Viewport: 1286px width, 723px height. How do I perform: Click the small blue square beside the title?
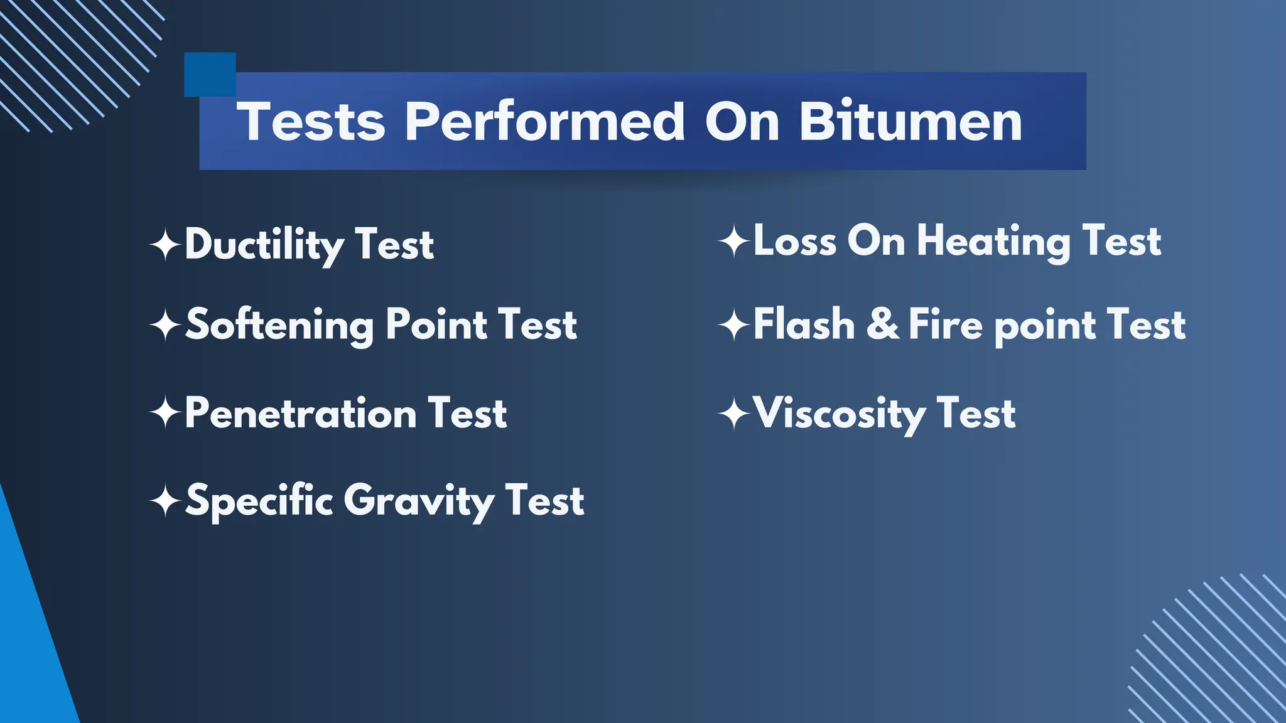(210, 74)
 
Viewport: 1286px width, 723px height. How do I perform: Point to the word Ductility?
(264, 245)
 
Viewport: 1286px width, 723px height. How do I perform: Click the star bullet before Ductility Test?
(166, 245)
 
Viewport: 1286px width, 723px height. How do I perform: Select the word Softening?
(280, 325)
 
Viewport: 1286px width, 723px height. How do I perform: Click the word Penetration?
(301, 414)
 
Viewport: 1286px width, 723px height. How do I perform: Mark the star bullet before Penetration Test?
(166, 414)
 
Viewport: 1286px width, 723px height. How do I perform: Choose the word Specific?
(259, 501)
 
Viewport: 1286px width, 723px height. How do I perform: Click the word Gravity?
(419, 501)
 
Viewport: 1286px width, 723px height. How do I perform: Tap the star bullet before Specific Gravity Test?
(166, 501)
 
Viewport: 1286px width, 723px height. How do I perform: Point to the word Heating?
(993, 242)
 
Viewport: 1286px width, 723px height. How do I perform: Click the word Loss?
(795, 241)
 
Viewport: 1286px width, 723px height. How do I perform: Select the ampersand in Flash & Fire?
(883, 324)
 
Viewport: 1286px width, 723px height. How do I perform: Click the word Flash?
(804, 324)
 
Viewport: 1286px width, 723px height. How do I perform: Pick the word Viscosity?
(839, 414)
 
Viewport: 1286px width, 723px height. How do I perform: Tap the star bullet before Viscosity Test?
(734, 414)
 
